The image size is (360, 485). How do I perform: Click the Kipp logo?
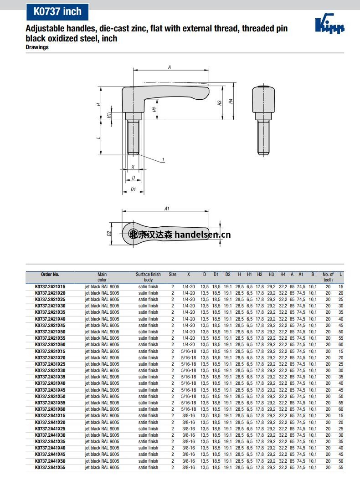coord(329,24)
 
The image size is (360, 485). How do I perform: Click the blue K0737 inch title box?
coord(57,12)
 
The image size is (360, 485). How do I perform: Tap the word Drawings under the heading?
coord(37,47)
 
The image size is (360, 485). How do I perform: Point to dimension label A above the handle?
coord(170,67)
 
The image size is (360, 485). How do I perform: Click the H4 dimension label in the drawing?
coord(231,101)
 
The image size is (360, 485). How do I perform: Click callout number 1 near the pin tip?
coord(163,160)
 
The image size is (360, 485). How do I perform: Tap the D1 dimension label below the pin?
coord(133,189)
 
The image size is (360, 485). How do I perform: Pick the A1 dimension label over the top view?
coord(167,209)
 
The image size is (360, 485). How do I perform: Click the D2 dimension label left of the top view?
coord(109,233)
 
